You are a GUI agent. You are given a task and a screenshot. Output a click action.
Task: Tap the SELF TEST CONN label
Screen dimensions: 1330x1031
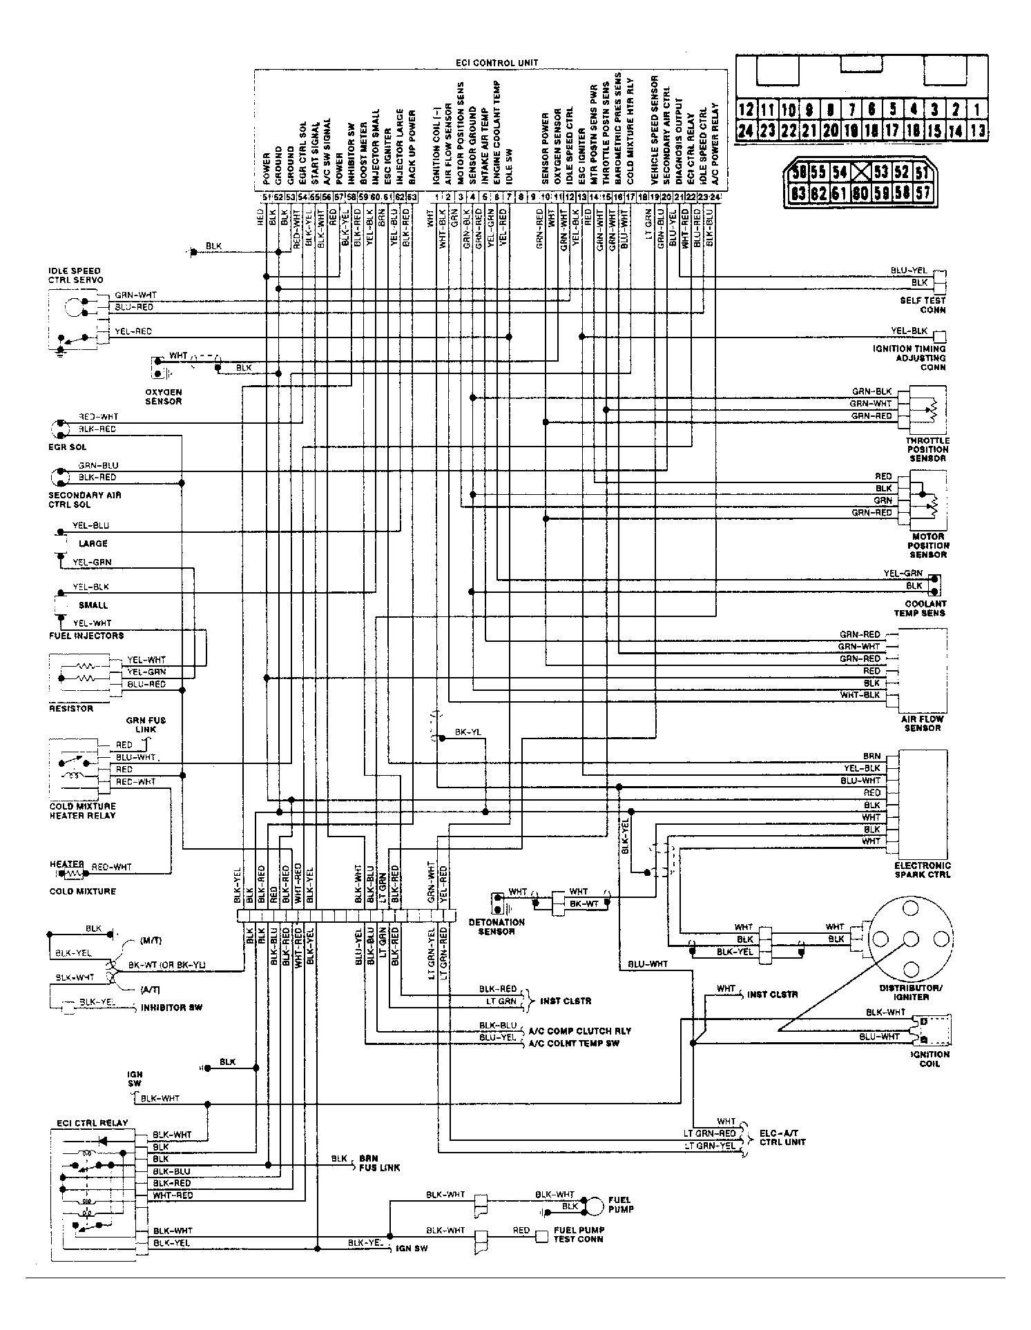(923, 305)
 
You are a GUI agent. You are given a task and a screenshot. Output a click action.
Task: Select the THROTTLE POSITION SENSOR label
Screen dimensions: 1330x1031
(927, 449)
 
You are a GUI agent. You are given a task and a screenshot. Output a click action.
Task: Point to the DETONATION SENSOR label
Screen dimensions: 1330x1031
(496, 927)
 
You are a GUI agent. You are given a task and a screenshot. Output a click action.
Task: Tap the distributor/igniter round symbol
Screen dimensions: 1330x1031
(910, 939)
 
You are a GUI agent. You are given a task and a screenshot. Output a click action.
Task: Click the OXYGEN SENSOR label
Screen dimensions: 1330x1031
(163, 396)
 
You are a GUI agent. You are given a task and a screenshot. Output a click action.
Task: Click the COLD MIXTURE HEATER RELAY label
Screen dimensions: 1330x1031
(82, 811)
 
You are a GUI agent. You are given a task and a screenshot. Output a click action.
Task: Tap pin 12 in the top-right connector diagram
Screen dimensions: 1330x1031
(746, 109)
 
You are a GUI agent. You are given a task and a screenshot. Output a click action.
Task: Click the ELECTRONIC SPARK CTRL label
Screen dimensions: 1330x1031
(922, 870)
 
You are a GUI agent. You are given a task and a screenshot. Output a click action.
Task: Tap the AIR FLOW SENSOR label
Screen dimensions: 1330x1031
(922, 723)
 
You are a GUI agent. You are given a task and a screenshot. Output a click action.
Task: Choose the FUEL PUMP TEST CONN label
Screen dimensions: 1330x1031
(579, 1235)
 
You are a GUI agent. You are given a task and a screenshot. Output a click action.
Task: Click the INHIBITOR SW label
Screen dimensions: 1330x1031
(171, 1008)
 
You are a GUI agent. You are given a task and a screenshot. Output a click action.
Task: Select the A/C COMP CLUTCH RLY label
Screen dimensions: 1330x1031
(579, 1030)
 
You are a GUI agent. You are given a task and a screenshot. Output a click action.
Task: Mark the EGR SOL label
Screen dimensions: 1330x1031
(67, 447)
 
